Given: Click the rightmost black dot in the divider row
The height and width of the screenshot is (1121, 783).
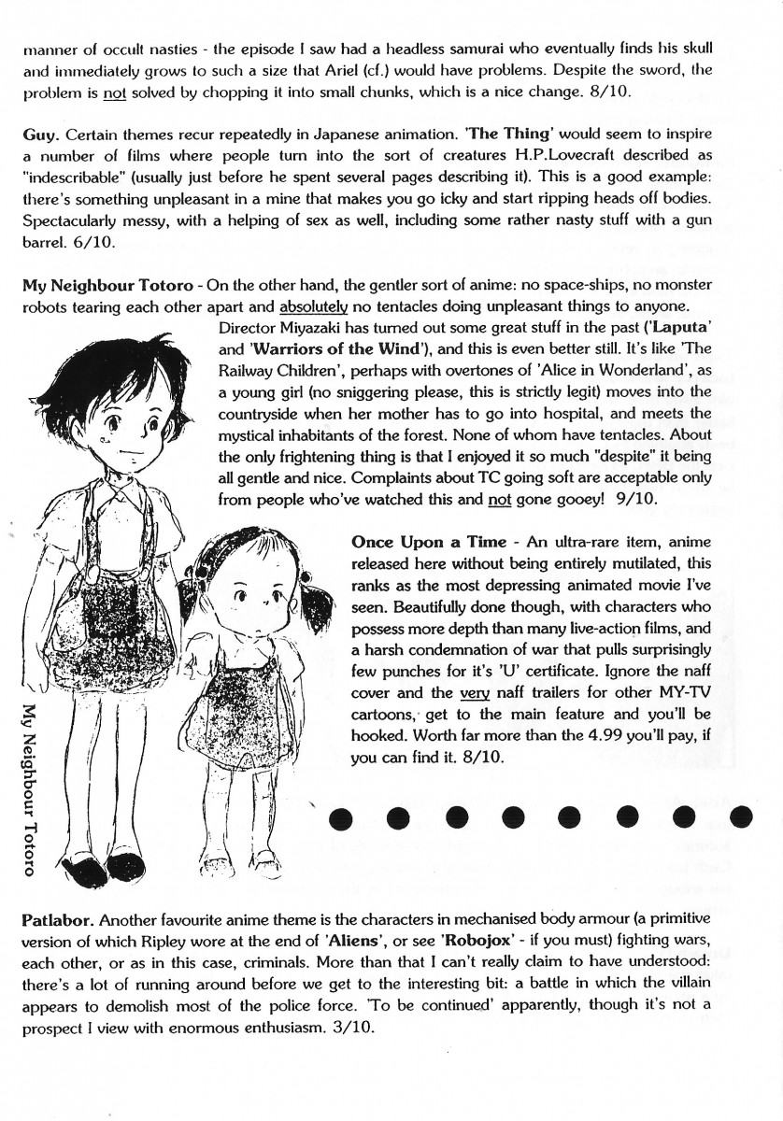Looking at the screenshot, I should [x=741, y=816].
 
